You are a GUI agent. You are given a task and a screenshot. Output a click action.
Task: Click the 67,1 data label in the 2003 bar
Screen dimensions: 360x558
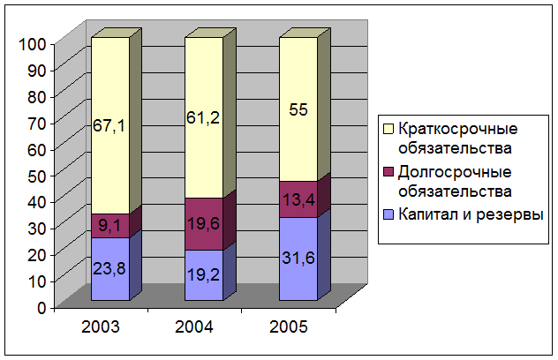[x=109, y=126]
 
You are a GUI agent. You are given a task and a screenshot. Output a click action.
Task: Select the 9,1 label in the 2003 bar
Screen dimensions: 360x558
[x=109, y=225]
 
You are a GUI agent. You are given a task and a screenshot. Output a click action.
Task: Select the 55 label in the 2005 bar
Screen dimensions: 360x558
[x=299, y=111]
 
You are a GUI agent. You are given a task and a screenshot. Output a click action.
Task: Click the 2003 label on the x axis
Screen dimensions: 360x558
[x=100, y=326]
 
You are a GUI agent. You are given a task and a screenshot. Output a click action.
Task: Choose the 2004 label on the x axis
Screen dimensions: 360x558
[x=194, y=326]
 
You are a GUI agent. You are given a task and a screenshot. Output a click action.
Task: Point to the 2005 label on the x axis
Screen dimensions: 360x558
[x=290, y=326]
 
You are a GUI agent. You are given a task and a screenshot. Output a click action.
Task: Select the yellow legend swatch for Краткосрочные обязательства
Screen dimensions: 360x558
[x=388, y=131]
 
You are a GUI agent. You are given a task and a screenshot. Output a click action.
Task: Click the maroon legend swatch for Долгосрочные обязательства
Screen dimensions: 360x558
[x=388, y=173]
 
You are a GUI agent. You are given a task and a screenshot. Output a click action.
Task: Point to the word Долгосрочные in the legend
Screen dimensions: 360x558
[x=442, y=172]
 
